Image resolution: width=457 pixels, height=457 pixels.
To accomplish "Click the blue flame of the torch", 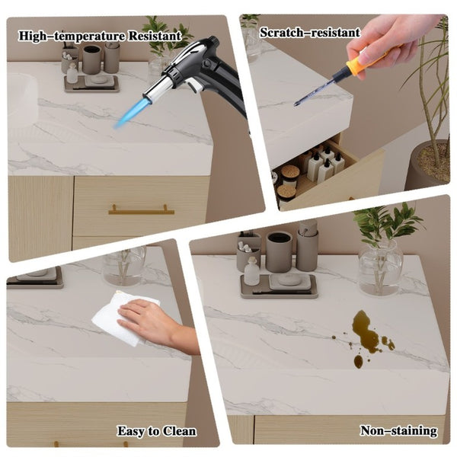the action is pos(127,113).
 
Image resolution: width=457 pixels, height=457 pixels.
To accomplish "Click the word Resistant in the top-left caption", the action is pos(155,36).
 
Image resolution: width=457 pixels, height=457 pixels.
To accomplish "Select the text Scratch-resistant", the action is pos(310,32).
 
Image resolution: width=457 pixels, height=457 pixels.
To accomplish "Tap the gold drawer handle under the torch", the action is pos(142,210).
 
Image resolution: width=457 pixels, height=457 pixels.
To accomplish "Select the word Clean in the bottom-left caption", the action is pos(179,431).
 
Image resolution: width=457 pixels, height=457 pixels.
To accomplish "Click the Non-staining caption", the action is pos(398,430).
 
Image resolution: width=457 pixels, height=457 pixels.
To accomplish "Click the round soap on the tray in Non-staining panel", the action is pos(289,280).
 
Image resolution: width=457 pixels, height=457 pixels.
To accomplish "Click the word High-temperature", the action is pos(72,36).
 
